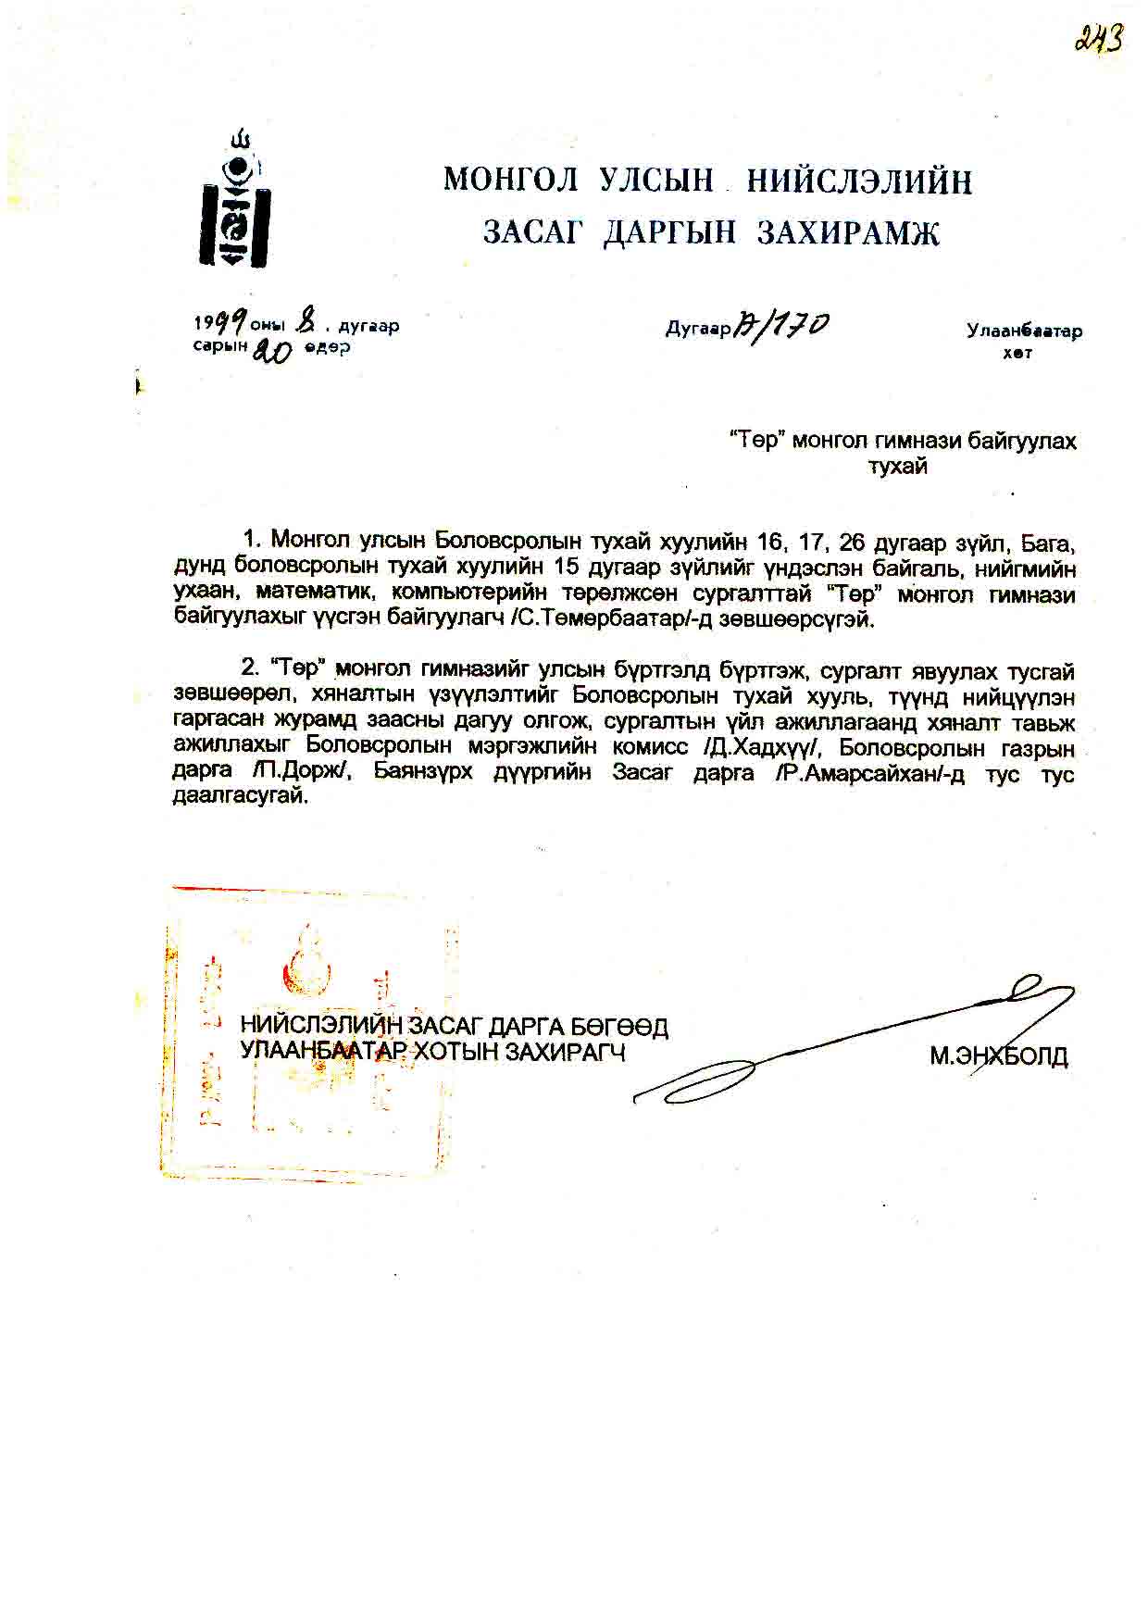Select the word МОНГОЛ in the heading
pyautogui.click(x=510, y=180)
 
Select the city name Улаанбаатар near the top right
pyautogui.click(x=1024, y=331)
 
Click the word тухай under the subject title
pyautogui.click(x=897, y=467)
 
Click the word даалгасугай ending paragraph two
pyautogui.click(x=239, y=797)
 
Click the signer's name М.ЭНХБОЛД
pyautogui.click(x=998, y=1055)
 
